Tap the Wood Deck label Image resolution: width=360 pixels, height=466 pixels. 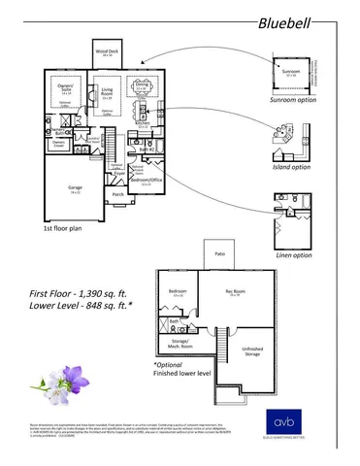[x=107, y=52]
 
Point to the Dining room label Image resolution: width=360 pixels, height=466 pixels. [x=142, y=84]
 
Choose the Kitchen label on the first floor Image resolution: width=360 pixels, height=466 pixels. [x=140, y=124]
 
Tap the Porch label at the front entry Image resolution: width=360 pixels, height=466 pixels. [x=118, y=193]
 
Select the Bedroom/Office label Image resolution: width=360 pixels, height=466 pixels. [x=147, y=180]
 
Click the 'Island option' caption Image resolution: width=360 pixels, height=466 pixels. [x=291, y=166]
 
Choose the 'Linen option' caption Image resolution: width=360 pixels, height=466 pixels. [x=292, y=254]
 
